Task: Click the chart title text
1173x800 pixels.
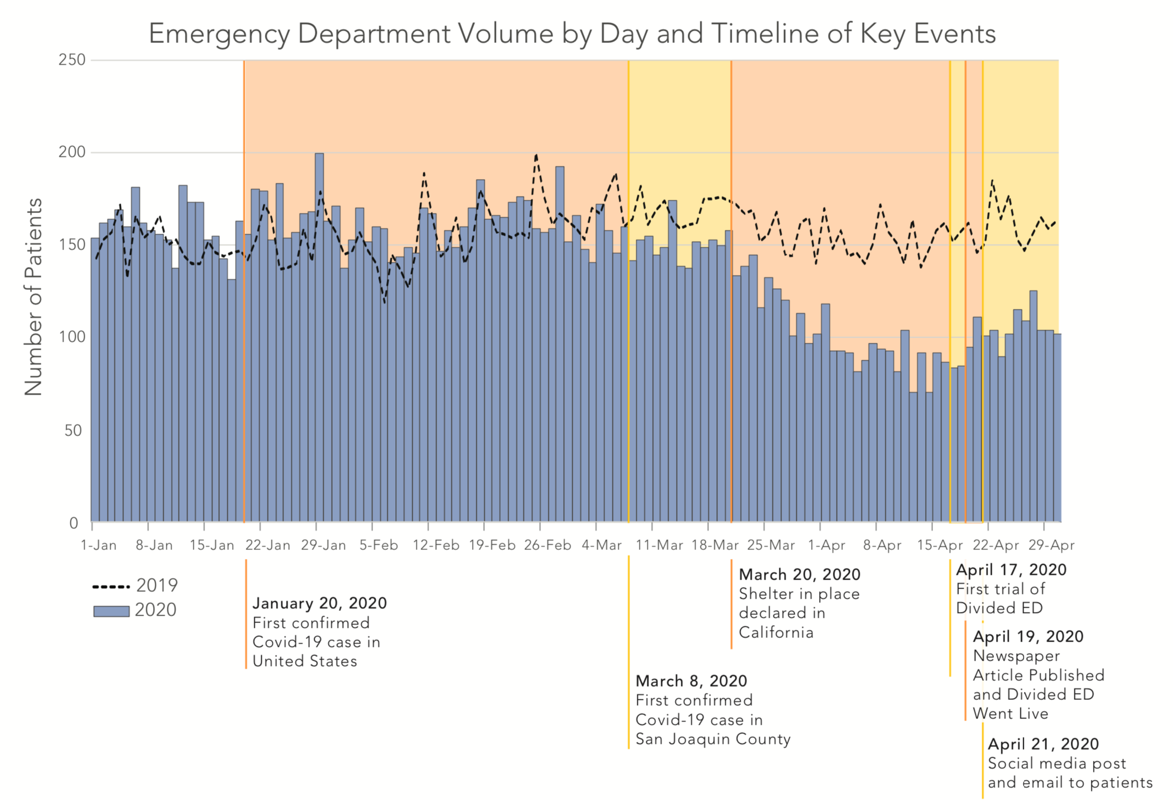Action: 572,33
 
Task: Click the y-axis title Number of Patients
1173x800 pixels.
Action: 33,297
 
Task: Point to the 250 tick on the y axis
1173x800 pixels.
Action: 72,60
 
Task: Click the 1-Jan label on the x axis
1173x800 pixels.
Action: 99,545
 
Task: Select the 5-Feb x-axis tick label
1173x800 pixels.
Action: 378,545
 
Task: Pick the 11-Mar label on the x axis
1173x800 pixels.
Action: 659,545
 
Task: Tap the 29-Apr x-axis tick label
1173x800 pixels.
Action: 1051,545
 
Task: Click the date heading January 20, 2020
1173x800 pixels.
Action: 319,603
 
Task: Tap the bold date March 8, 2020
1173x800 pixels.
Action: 691,681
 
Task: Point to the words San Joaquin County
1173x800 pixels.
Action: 713,739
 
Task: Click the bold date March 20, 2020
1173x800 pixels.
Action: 799,574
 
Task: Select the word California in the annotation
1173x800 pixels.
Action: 776,633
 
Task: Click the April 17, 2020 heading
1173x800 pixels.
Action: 1011,570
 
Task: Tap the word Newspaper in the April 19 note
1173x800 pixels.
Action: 1016,656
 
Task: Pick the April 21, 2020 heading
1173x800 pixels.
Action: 1043,744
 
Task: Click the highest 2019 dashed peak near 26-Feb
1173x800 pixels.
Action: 536,155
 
